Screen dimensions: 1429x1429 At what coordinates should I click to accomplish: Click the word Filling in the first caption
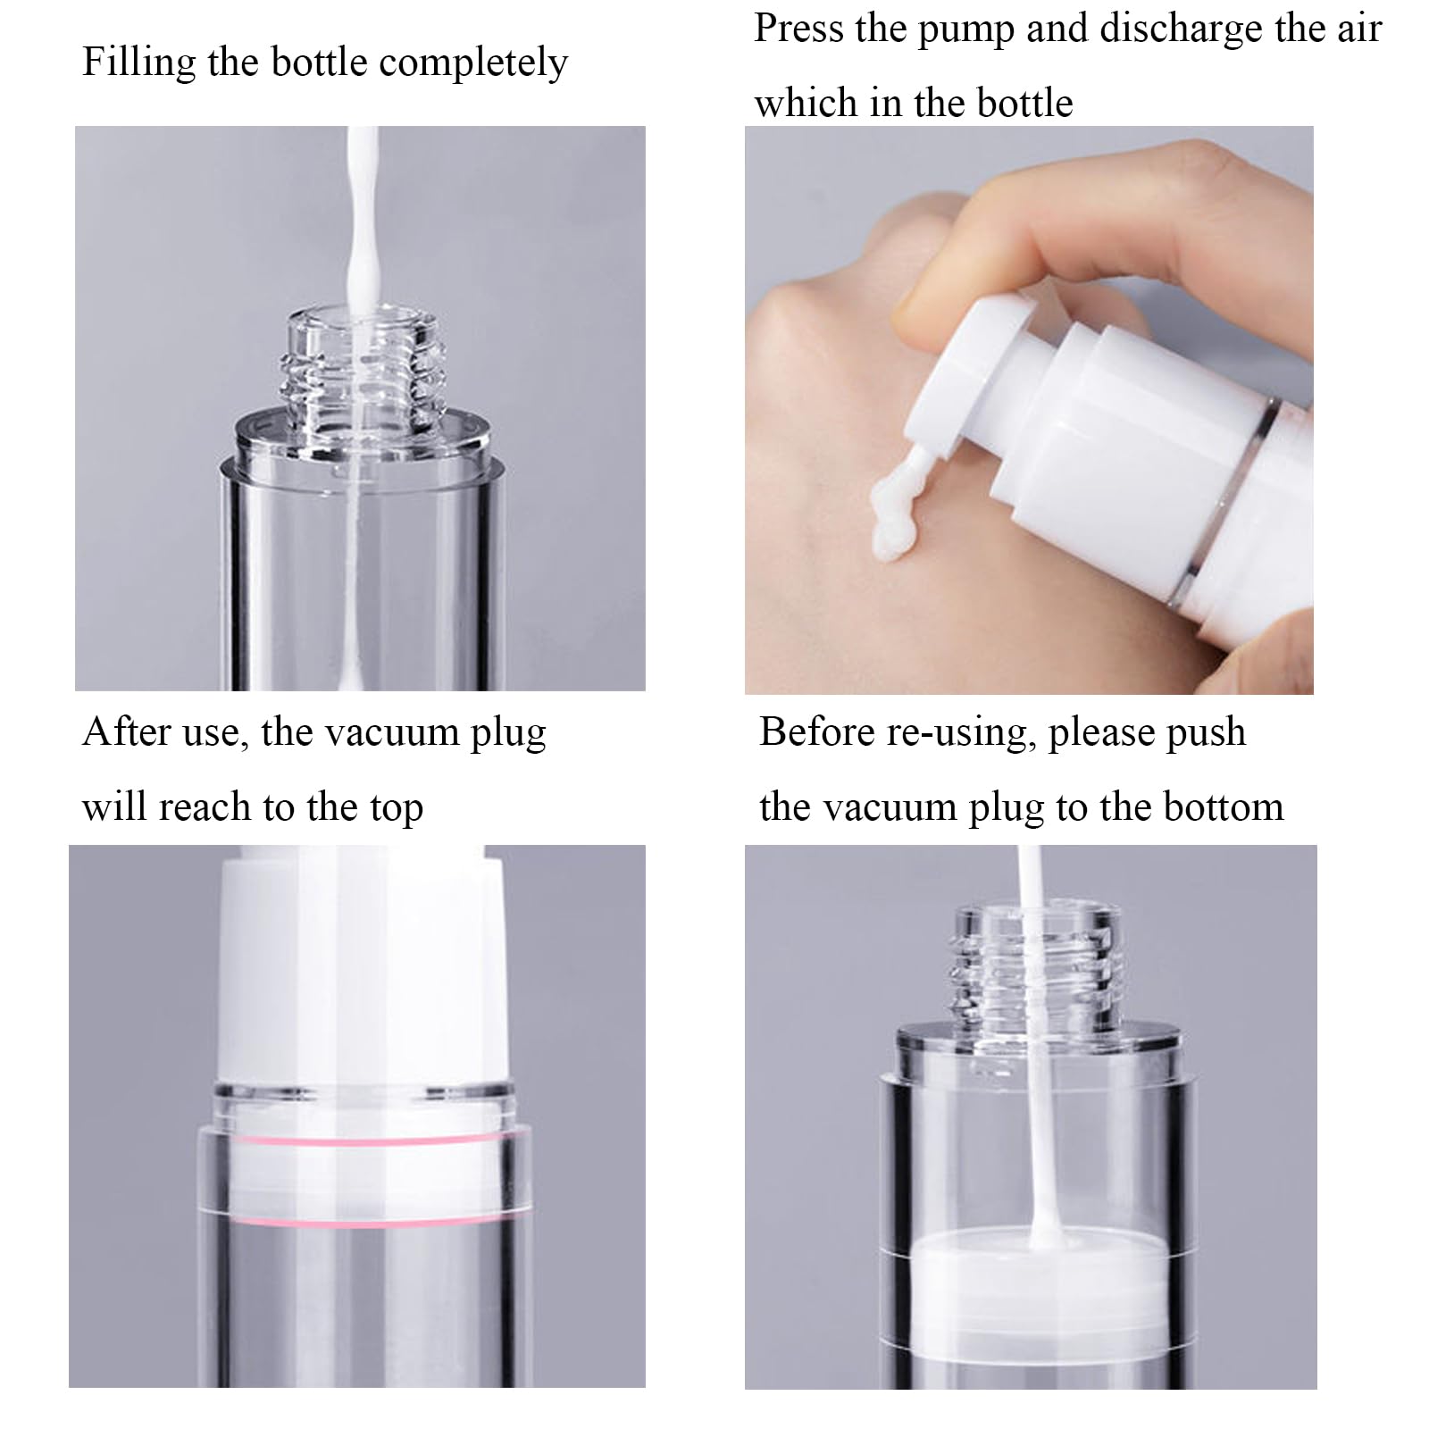[138, 63]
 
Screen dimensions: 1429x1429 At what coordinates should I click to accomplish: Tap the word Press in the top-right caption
[798, 29]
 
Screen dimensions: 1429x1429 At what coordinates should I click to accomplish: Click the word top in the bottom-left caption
[397, 807]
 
